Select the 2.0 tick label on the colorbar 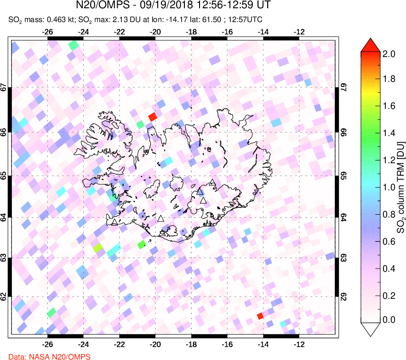pos(389,54)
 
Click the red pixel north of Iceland pos(153,117)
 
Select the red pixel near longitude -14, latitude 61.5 pos(260,315)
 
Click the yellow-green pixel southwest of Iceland pos(98,248)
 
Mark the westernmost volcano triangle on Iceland pos(114,223)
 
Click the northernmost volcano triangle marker pos(212,183)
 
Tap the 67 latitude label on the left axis pos(3,87)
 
